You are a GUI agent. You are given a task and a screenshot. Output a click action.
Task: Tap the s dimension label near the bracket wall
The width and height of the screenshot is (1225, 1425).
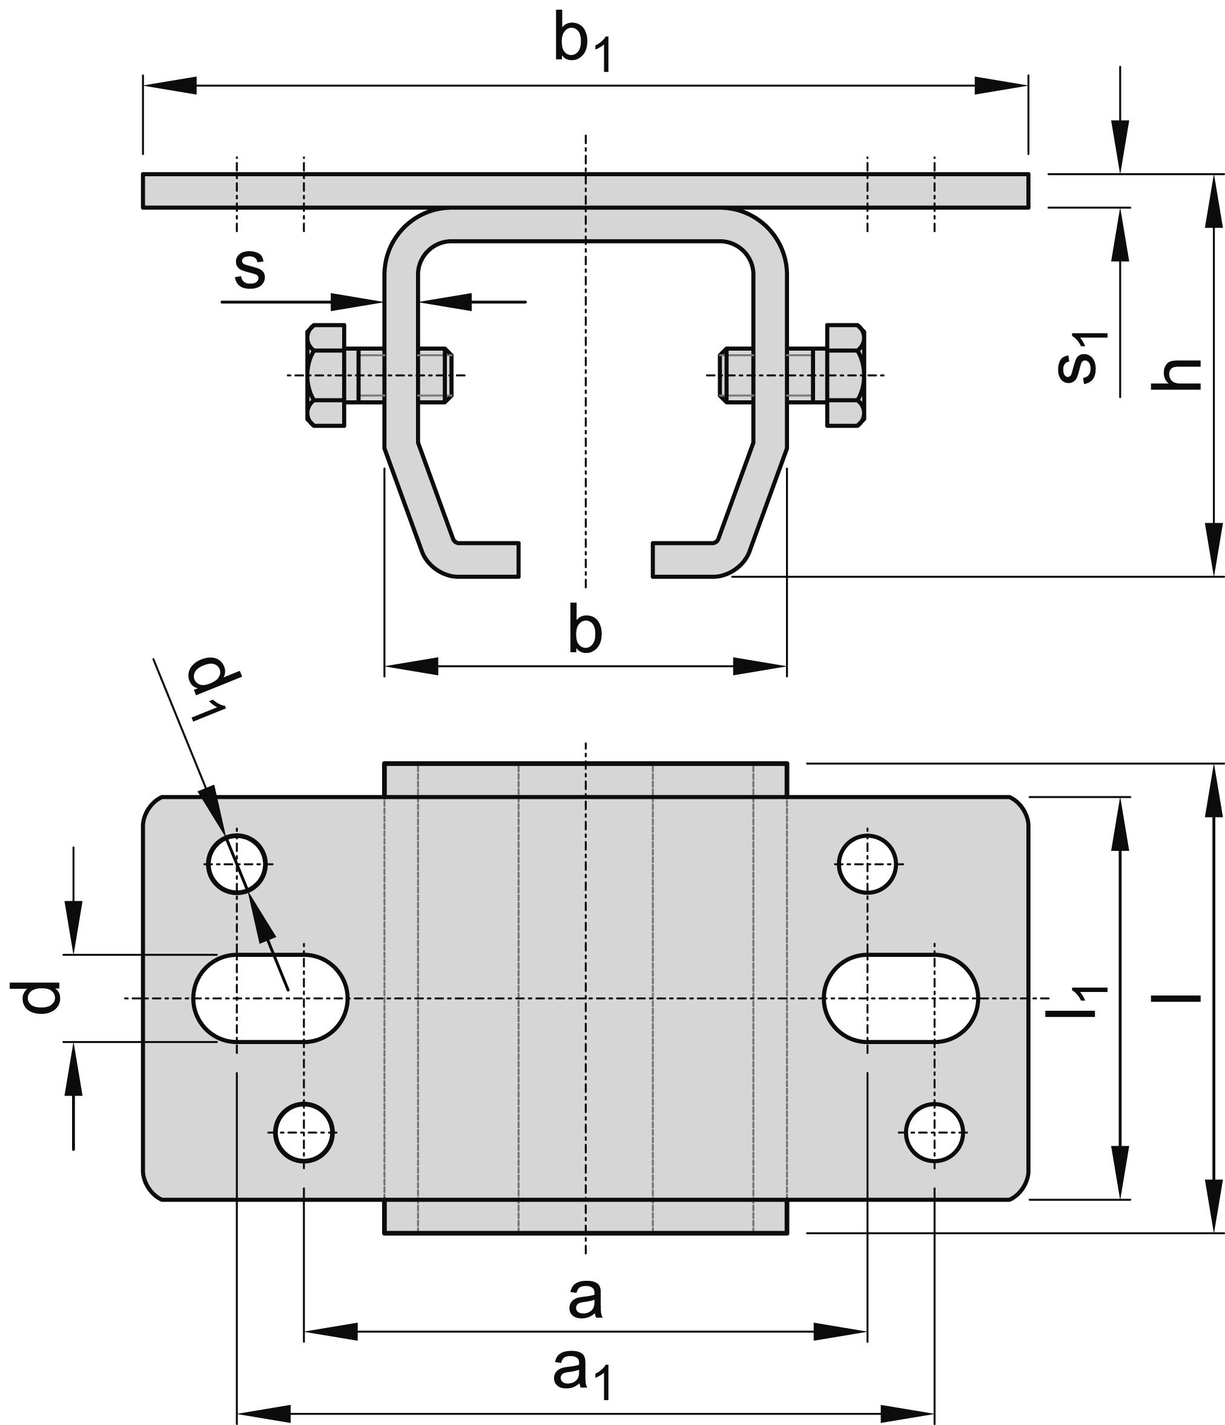249,269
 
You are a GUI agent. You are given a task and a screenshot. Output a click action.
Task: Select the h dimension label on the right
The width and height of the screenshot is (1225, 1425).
1176,375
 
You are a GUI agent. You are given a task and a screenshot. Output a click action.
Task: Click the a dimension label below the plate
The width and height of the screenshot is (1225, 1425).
586,1297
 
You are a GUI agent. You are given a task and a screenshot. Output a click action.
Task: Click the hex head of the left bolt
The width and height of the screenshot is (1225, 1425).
325,375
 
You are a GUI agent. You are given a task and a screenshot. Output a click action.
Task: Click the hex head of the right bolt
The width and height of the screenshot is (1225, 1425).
845,375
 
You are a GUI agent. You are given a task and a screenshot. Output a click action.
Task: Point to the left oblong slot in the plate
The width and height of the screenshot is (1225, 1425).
270,998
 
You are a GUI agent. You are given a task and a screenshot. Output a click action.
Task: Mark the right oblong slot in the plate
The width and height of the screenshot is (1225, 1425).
900,998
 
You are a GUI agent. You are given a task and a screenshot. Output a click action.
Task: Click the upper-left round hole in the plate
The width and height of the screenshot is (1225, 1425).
237,864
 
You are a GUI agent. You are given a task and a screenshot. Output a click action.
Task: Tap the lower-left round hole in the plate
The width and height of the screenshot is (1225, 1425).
304,1132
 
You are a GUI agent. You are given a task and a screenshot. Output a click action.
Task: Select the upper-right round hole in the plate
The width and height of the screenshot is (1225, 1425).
867,864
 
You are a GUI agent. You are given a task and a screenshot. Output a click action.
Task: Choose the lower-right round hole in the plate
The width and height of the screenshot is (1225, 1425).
934,1132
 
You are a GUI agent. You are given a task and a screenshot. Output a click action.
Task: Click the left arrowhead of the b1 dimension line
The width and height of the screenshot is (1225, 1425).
169,86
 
